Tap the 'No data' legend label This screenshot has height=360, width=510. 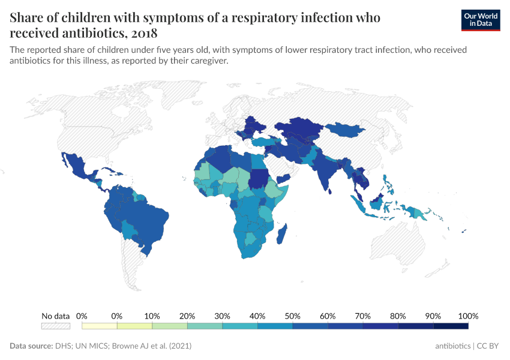[55, 316]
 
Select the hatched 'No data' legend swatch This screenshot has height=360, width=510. [55, 326]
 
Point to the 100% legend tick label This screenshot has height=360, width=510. [467, 316]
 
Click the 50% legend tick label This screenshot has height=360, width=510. [293, 316]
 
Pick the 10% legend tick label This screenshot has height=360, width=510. [152, 316]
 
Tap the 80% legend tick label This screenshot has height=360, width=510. [398, 316]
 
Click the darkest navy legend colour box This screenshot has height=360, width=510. [451, 326]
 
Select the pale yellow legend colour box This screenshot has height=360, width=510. [100, 326]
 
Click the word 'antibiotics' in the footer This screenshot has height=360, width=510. [453, 346]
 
